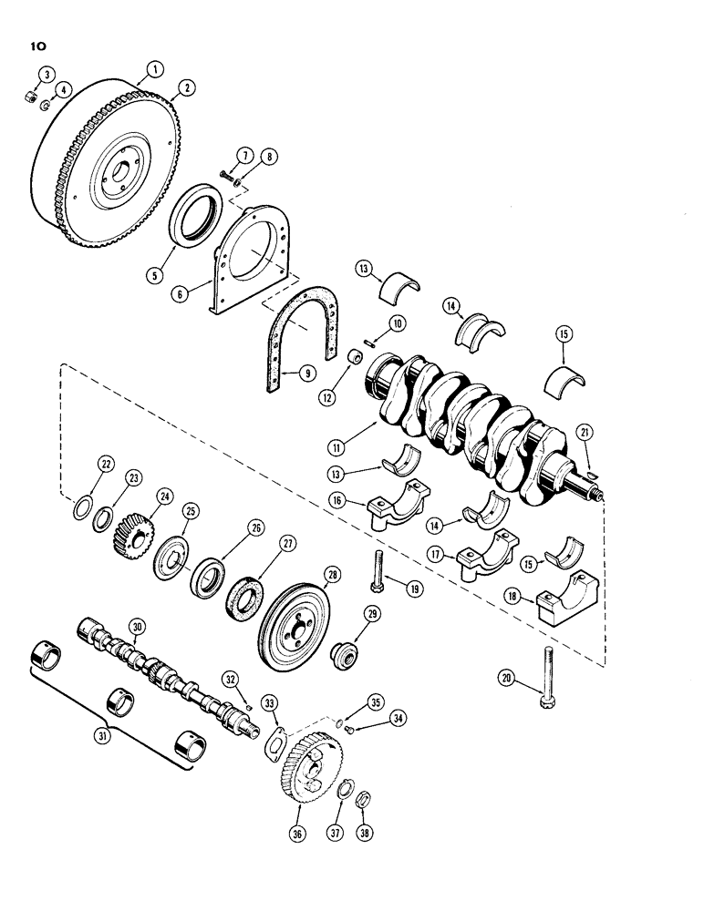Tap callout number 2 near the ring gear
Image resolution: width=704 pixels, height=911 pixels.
tap(189, 87)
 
